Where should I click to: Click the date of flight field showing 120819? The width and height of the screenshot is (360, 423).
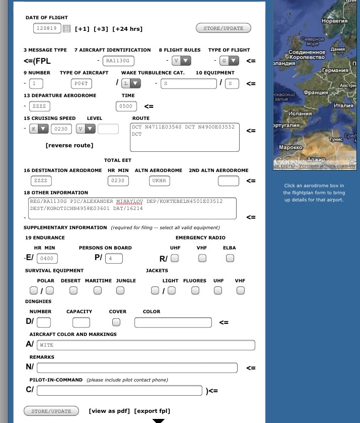48,28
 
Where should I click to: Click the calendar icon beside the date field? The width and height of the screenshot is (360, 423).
67,29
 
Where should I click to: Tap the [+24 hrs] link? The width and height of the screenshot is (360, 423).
127,29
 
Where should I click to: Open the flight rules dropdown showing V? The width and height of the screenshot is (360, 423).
181,61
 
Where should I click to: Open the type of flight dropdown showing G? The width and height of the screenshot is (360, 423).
229,61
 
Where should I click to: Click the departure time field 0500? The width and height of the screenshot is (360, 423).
126,106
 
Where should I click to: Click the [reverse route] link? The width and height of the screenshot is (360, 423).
69,145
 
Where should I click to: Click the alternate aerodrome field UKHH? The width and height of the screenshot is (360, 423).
160,181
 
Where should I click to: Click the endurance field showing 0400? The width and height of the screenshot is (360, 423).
47,259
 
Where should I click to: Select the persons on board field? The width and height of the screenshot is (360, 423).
114,259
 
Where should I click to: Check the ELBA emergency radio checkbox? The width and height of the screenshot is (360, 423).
230,258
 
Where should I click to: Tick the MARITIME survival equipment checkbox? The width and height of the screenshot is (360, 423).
98,290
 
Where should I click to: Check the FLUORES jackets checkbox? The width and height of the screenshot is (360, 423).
195,290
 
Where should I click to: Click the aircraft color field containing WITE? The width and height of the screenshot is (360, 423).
146,345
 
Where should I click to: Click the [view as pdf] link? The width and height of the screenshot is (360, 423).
109,411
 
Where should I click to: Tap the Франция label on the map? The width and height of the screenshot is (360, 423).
316,93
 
